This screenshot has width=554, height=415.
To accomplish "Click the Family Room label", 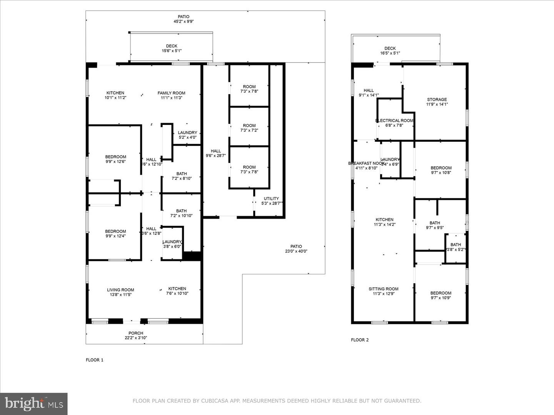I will pyautogui.click(x=171, y=93).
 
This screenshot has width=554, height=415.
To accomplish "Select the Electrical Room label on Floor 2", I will pyautogui.click(x=394, y=121).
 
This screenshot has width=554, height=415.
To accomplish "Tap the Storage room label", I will pyautogui.click(x=437, y=100).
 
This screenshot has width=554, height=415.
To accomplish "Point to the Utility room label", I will pyautogui.click(x=271, y=199).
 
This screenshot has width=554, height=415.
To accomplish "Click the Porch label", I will pyautogui.click(x=136, y=333).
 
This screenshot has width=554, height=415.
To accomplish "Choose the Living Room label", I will pyautogui.click(x=120, y=290).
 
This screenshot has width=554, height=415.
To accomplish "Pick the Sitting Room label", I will pyautogui.click(x=384, y=289).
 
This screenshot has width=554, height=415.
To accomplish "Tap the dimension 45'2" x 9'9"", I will pyautogui.click(x=184, y=22).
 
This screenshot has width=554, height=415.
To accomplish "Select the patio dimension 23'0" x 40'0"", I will pyautogui.click(x=296, y=251).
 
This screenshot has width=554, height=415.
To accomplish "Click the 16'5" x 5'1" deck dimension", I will pyautogui.click(x=390, y=53).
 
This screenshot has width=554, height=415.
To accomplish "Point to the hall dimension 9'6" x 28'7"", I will pyautogui.click(x=216, y=156).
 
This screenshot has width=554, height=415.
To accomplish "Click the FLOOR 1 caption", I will pyautogui.click(x=94, y=360).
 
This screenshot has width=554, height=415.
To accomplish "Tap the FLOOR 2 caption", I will pyautogui.click(x=360, y=340).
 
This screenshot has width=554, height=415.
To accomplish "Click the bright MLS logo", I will pyautogui.click(x=34, y=403).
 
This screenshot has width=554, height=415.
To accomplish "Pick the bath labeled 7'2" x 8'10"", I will pyautogui.click(x=181, y=176).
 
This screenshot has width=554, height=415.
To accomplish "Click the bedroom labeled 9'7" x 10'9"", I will pyautogui.click(x=441, y=295).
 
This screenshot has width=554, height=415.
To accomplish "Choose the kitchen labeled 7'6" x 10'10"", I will pyautogui.click(x=177, y=291).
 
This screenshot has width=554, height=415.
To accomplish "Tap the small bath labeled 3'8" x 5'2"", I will pyautogui.click(x=456, y=247).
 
